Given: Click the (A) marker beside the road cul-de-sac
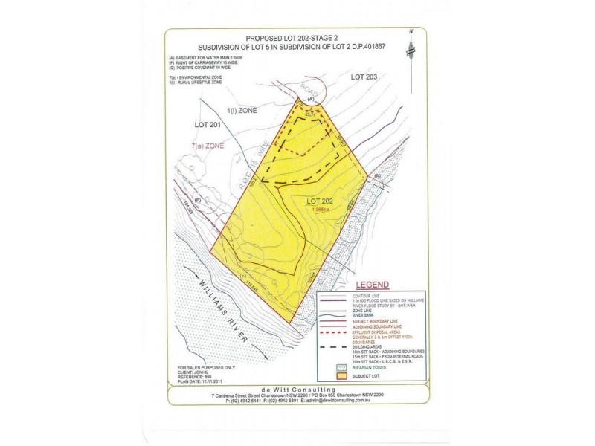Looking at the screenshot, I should [x=312, y=99].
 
